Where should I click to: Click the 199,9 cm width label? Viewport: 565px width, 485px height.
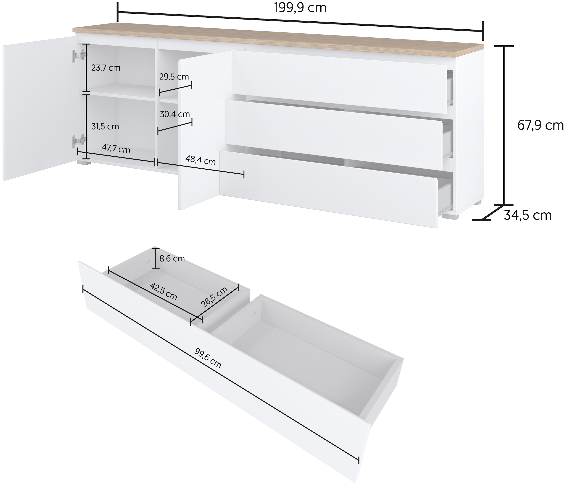coord(300,8)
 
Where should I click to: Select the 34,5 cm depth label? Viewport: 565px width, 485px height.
coord(527,215)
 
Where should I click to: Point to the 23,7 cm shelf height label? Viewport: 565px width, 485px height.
coord(106,68)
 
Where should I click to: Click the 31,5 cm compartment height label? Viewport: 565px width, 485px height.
coord(105,127)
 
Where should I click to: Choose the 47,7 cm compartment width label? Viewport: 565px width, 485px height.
coord(116,149)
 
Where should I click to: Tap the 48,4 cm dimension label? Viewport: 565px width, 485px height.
coord(200,160)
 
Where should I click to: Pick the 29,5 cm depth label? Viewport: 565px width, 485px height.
coord(174,77)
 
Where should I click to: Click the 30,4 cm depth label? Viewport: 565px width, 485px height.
coord(175,114)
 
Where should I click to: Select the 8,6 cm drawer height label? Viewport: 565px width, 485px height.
coord(172,258)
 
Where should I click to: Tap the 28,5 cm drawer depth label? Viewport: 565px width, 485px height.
coord(214,297)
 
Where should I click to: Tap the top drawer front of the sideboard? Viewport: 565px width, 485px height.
coord(338,82)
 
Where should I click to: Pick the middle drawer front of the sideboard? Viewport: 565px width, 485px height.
coord(333,131)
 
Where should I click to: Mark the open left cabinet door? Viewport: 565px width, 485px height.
coord(38,109)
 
